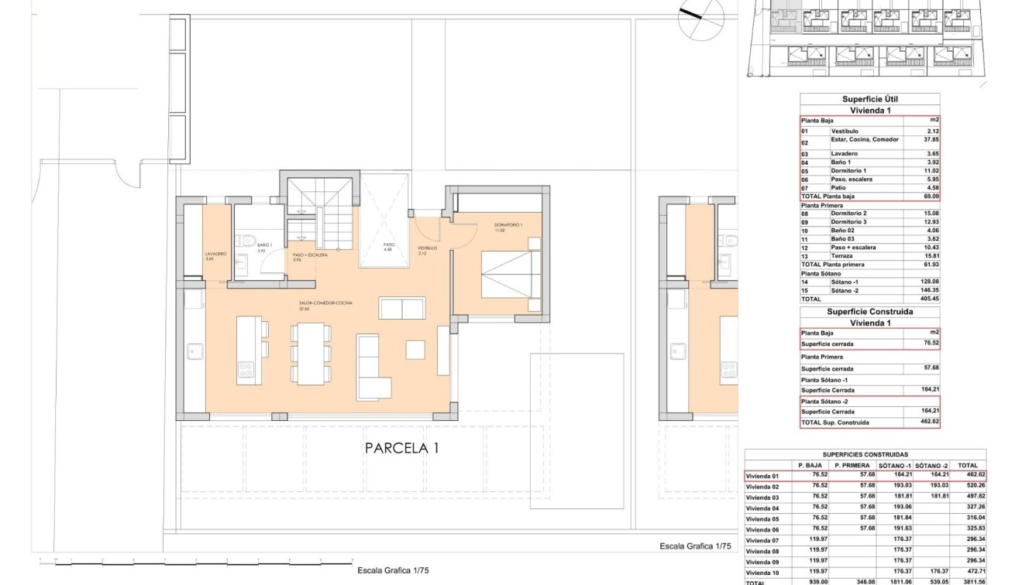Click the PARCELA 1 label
402,448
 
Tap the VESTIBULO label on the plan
428,249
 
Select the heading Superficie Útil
869,99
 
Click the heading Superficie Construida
869,312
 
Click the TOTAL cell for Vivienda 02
969,486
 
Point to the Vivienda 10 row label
762,572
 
